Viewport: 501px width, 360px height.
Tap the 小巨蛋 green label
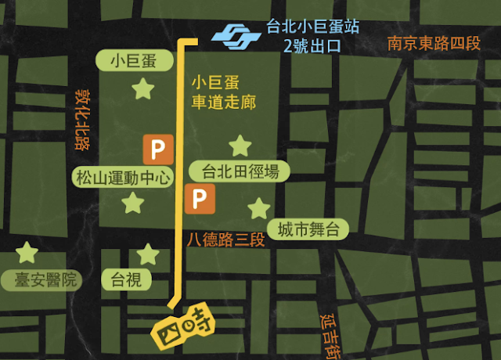[x=132, y=61]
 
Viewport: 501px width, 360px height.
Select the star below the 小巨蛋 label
[x=142, y=89]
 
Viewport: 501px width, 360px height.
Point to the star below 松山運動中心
[x=133, y=204]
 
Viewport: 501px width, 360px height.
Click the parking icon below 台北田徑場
[x=200, y=200]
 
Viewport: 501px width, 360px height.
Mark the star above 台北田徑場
[x=240, y=146]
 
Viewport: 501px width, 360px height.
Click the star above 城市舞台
[x=258, y=208]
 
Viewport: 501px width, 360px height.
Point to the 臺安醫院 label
[x=41, y=279]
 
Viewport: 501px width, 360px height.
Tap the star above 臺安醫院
[x=27, y=252]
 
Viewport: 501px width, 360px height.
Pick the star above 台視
[x=147, y=254]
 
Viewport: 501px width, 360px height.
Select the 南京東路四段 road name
[x=433, y=41]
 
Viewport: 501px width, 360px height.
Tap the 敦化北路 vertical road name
[x=81, y=118]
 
